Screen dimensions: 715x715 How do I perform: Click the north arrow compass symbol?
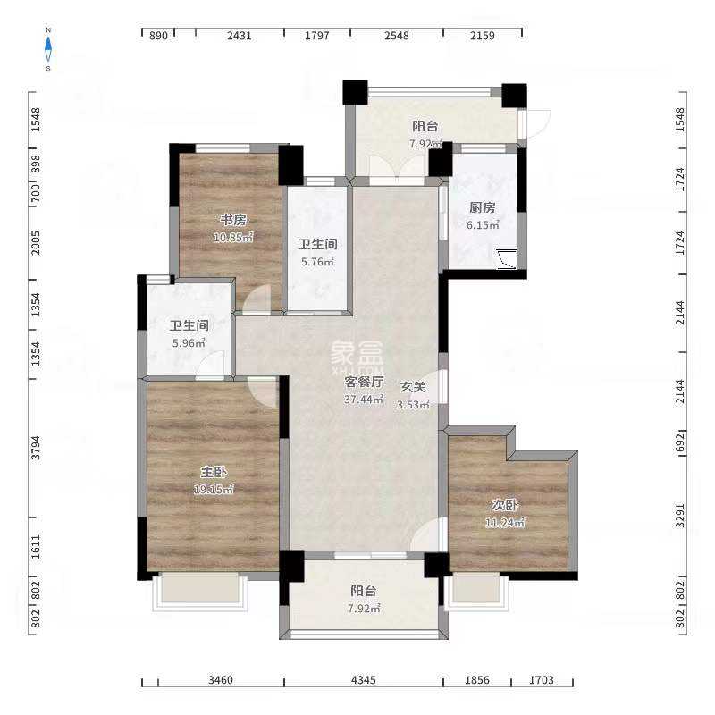coord(48,49)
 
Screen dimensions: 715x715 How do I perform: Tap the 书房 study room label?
coord(233,220)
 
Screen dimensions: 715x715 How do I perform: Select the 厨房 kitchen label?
coord(483,207)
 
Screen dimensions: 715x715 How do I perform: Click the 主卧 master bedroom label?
coord(214,472)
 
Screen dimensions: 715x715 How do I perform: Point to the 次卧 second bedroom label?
coord(505,505)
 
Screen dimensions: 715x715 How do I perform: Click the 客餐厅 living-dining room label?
coord(364,383)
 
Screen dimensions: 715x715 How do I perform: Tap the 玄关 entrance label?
coord(413,387)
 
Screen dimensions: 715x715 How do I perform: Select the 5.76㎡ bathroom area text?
coord(317,262)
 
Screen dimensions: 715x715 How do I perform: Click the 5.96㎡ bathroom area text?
coord(189,343)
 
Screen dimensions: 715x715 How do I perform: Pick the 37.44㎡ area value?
coord(364,400)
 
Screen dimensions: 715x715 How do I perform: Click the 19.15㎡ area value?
coord(214,489)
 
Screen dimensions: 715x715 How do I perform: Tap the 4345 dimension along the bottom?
coord(364,680)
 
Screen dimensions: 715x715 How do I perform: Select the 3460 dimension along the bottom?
coord(221,680)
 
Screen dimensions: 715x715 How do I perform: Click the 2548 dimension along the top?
coord(397,35)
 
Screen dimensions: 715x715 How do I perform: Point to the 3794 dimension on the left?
coord(35,448)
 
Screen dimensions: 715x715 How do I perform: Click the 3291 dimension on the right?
coord(680,516)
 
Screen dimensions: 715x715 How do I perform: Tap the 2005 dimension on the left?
coord(35,243)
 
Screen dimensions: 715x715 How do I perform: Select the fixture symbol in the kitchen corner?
coord(507,259)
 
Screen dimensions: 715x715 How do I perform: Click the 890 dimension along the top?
coord(158,35)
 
